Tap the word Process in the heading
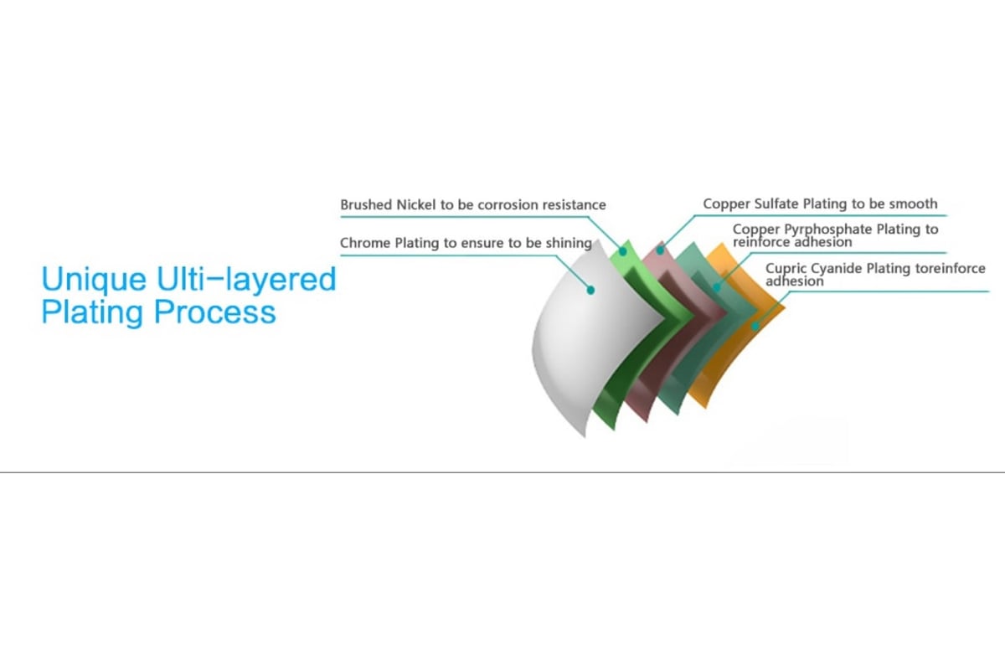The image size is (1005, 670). point(215,312)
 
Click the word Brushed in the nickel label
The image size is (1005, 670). point(366,204)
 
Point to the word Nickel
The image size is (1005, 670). point(416,204)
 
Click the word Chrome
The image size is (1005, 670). point(365,243)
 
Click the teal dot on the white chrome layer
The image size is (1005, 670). point(591,291)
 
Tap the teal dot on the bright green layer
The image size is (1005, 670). point(623,252)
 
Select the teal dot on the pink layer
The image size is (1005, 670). point(661,250)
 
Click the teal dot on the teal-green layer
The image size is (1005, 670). point(717,287)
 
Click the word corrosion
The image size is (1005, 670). point(508,205)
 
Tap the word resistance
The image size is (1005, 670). point(575,205)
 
